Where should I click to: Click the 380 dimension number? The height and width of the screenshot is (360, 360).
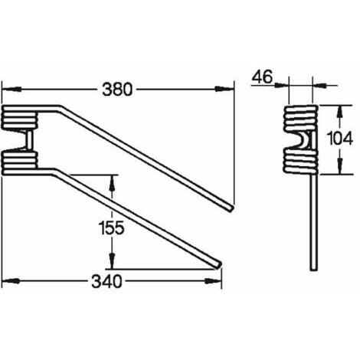click(117, 90)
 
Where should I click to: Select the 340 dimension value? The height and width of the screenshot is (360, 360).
click(106, 282)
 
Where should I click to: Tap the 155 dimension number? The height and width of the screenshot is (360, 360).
click(111, 227)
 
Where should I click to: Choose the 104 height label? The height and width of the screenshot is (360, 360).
click(340, 139)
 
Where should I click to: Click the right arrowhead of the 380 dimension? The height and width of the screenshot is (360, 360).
click(224, 89)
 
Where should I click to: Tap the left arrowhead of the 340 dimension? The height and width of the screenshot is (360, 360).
click(11, 281)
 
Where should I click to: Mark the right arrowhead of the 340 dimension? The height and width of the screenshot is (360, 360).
click(213, 281)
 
